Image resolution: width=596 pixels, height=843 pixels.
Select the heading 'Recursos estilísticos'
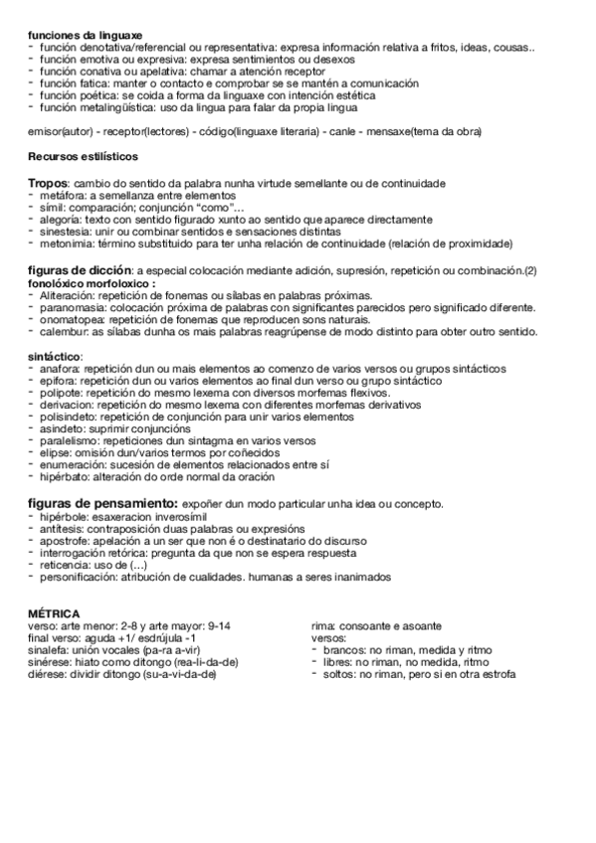click(x=84, y=157)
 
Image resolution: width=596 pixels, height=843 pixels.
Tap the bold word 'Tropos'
click(x=48, y=185)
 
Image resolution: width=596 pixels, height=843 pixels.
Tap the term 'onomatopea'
click(x=72, y=320)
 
